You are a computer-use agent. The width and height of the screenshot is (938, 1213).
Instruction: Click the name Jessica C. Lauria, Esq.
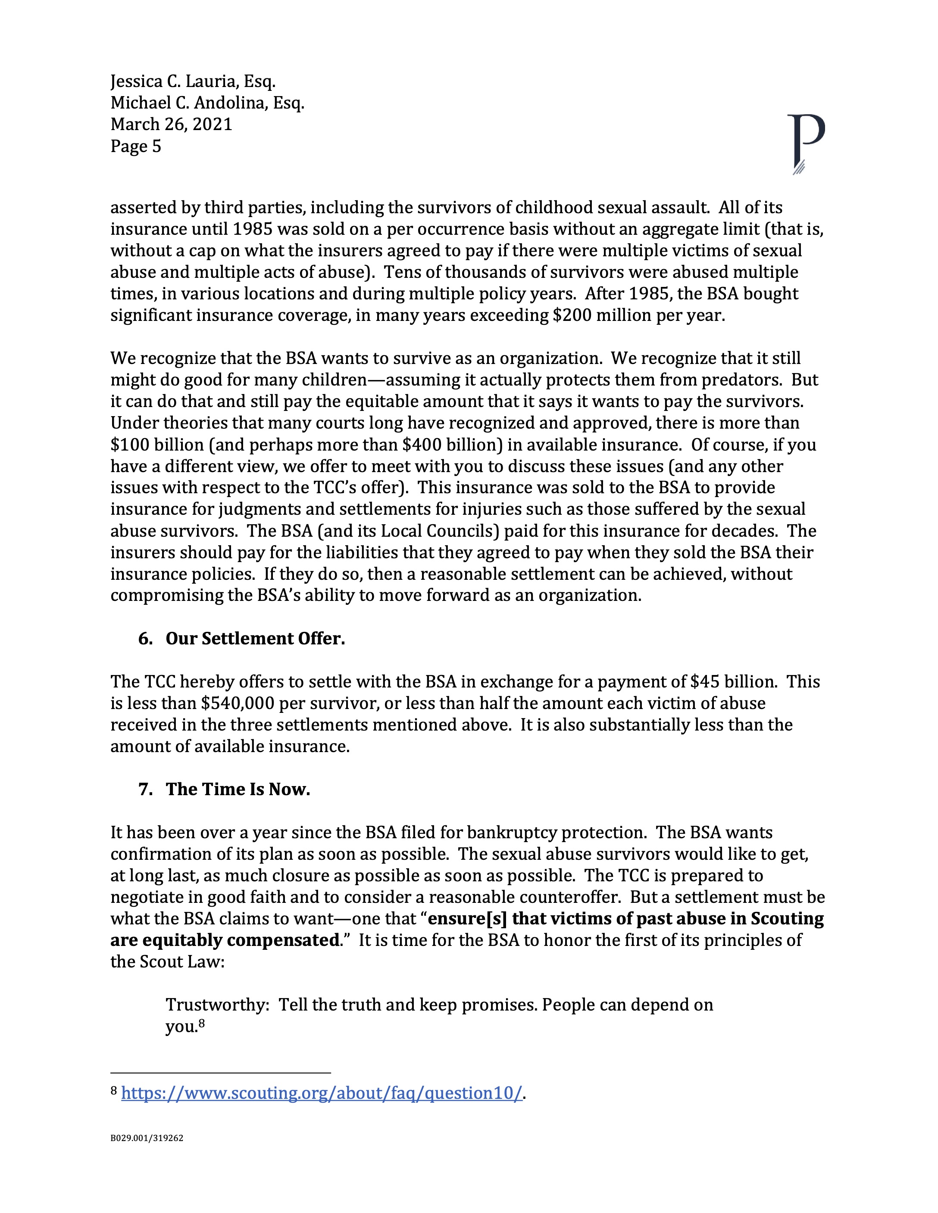(193, 82)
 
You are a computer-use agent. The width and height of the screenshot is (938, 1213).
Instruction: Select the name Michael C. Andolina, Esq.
(207, 103)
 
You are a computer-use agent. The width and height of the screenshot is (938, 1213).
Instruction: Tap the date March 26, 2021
(171, 124)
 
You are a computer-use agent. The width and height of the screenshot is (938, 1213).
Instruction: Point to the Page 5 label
(136, 146)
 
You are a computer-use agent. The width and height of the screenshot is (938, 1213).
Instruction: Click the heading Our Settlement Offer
(255, 639)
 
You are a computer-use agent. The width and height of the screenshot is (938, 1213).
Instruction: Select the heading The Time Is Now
(238, 789)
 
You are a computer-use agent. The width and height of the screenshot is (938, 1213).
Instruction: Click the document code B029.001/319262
(147, 1138)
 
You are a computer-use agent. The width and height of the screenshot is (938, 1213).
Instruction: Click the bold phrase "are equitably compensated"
(225, 940)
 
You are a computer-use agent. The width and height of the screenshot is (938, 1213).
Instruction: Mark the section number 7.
(146, 789)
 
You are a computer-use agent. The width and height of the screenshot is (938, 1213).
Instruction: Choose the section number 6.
(146, 639)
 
